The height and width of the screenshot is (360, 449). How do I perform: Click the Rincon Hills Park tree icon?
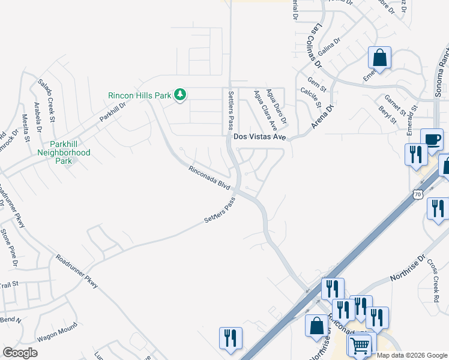pos(179,95)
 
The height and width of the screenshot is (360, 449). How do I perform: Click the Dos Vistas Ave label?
pos(259,137)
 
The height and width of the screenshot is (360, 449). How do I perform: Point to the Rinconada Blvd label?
pos(209,178)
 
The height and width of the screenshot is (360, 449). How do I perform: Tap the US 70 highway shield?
pos(418,194)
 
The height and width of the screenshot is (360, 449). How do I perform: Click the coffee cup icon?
pos(432,140)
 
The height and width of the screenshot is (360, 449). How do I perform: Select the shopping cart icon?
pos(360,346)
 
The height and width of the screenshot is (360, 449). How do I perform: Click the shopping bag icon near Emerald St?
pos(379,58)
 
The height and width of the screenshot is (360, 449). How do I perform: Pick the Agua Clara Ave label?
pos(265,110)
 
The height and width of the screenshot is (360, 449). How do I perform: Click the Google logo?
pos(20,352)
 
